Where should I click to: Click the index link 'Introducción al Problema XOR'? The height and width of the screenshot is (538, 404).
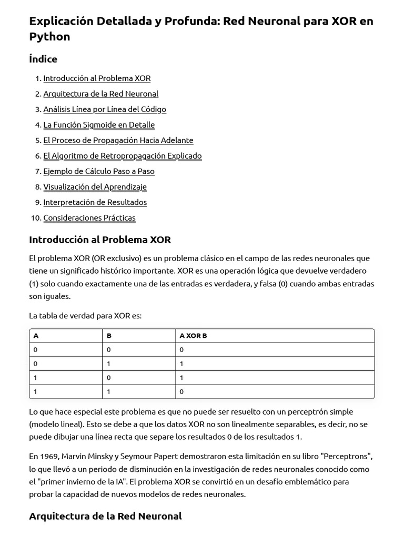97,78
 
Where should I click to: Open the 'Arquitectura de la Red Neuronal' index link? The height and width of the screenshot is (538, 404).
100,94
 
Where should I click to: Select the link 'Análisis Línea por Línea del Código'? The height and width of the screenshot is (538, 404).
104,109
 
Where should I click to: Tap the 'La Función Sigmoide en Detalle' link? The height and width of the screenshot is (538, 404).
99,125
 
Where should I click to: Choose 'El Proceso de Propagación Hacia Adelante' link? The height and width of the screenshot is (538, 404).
118,140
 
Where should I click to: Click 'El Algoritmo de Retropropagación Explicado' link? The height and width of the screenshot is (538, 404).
122,156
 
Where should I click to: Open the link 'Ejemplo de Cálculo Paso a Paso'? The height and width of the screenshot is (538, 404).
99,171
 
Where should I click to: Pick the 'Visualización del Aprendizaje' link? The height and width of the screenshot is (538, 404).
95,187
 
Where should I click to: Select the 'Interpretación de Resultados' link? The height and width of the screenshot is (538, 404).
95,202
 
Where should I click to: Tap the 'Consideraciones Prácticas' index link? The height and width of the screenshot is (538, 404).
89,218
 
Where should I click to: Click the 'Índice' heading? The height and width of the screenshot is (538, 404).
43,59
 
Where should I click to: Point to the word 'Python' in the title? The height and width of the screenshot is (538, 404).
49,37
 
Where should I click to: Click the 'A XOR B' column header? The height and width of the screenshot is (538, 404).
193,336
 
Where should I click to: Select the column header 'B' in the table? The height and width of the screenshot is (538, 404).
109,336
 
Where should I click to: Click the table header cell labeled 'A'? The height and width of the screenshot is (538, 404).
36,336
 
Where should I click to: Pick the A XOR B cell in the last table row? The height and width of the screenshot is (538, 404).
181,391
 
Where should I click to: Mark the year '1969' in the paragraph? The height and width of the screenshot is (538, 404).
50,457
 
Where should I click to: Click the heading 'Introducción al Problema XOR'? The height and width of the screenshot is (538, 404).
100,240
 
